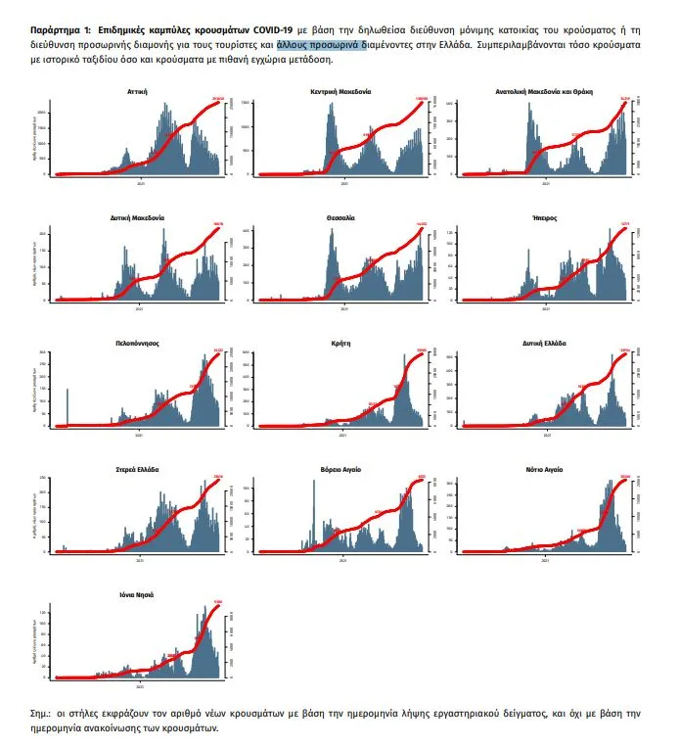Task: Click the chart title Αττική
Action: pos(137,91)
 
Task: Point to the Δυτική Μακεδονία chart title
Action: pos(137,217)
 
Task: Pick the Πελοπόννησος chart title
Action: pos(137,344)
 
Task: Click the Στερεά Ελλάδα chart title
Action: pos(137,469)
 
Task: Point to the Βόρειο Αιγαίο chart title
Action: pos(342,469)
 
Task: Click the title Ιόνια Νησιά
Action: pos(137,594)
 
